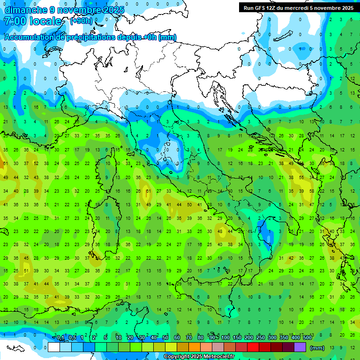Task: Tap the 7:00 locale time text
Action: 33,22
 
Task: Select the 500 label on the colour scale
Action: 307,337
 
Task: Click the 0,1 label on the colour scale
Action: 60,337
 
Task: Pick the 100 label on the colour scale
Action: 225,337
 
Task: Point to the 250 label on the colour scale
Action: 260,337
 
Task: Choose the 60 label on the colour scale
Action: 177,337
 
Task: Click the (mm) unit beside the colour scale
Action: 317,348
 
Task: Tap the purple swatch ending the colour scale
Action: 300,347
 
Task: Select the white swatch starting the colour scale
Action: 54,347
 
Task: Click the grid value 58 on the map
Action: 310,191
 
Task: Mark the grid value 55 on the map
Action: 300,178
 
